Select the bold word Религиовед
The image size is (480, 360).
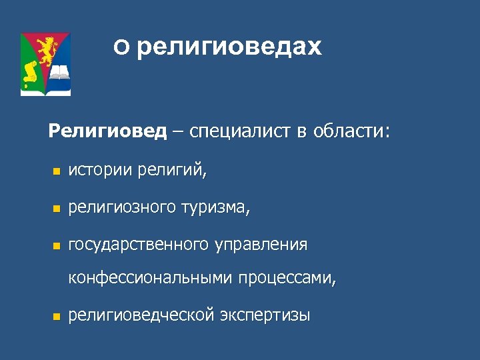(107, 131)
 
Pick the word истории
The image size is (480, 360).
(101, 172)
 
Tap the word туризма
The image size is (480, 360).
(215, 208)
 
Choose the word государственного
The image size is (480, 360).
(139, 245)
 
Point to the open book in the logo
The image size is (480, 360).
(59, 72)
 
